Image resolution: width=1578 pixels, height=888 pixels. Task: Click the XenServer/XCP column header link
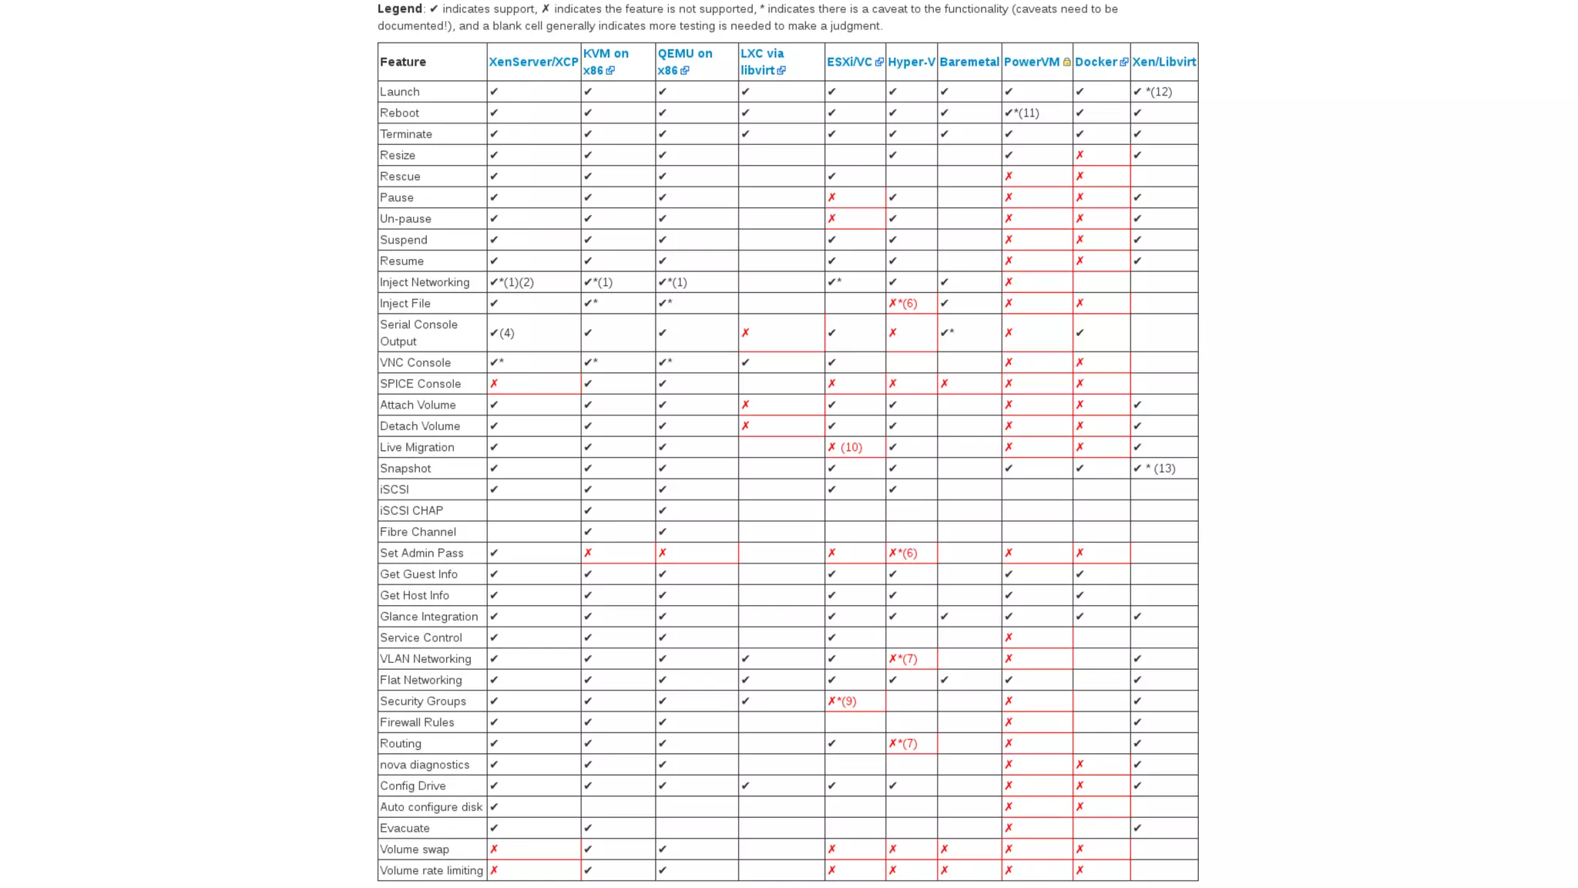pyautogui.click(x=533, y=62)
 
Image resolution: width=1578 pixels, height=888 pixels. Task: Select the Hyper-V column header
pyautogui.click(x=911, y=62)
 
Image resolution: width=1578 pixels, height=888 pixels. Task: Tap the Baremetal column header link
pyautogui.click(x=969, y=62)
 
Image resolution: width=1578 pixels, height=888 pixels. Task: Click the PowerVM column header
pyautogui.click(x=1032, y=62)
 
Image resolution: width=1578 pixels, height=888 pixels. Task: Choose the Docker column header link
pyautogui.click(x=1096, y=62)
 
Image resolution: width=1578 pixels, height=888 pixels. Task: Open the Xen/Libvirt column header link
pyautogui.click(x=1163, y=62)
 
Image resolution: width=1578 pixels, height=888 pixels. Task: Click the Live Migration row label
pyautogui.click(x=417, y=447)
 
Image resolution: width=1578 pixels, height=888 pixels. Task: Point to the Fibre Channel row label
pyautogui.click(x=418, y=532)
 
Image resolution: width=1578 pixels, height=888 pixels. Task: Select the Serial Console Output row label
pyautogui.click(x=418, y=333)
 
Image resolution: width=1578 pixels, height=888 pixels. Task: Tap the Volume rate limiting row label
pyautogui.click(x=431, y=870)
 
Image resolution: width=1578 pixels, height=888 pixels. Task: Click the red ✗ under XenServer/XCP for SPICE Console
pyautogui.click(x=495, y=384)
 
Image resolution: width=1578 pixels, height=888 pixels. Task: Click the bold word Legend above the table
pyautogui.click(x=399, y=8)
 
